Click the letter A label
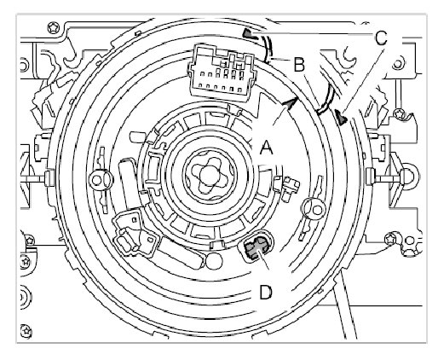click(x=267, y=148)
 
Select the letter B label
click(x=299, y=65)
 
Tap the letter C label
click(x=381, y=38)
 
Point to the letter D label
click(x=266, y=293)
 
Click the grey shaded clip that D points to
click(x=256, y=247)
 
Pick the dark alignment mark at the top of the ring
click(x=249, y=33)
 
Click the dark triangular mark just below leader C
click(x=341, y=117)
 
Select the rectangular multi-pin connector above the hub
click(x=221, y=73)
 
